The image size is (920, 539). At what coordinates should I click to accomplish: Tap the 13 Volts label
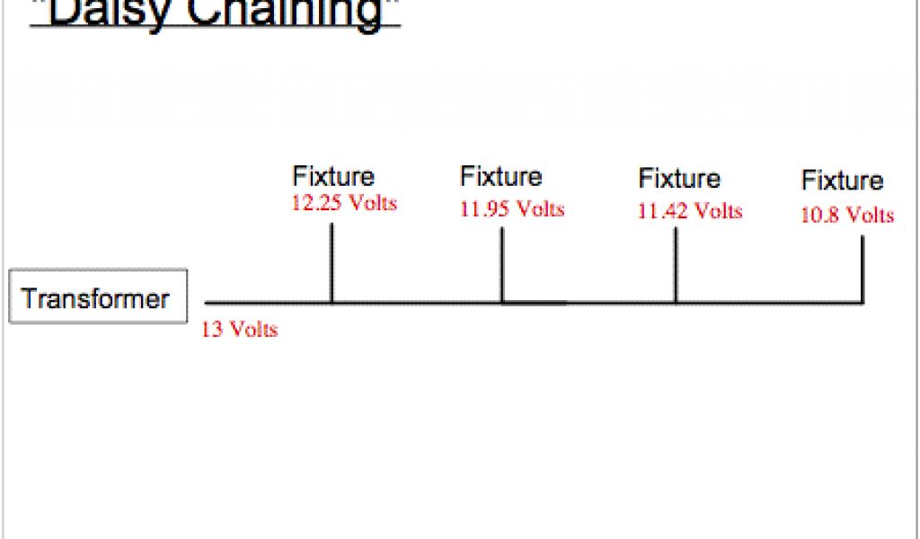(x=240, y=330)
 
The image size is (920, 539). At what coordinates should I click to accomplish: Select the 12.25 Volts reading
(x=343, y=202)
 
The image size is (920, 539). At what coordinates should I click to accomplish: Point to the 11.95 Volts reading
(x=512, y=209)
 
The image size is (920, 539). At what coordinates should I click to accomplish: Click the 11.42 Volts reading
(x=690, y=212)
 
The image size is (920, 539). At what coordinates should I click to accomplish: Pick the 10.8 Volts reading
(x=847, y=216)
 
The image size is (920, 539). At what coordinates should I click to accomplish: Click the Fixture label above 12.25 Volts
(x=333, y=177)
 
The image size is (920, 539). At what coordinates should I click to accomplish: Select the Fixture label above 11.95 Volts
(x=501, y=175)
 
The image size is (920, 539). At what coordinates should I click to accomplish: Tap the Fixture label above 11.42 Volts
(x=679, y=179)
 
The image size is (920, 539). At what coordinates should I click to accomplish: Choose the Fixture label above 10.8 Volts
(x=843, y=181)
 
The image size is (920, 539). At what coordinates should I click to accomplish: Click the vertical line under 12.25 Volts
(x=332, y=263)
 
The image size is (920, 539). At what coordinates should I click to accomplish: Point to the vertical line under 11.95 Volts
(x=501, y=266)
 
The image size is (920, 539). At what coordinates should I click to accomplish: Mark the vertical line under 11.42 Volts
(x=676, y=266)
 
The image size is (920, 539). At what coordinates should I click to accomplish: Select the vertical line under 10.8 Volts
(x=862, y=269)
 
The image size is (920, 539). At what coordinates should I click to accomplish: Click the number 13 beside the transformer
(x=213, y=330)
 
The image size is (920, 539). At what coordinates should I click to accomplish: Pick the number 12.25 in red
(x=316, y=202)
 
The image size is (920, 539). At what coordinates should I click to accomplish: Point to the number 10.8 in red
(x=818, y=216)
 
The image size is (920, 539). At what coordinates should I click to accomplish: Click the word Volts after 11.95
(x=539, y=209)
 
